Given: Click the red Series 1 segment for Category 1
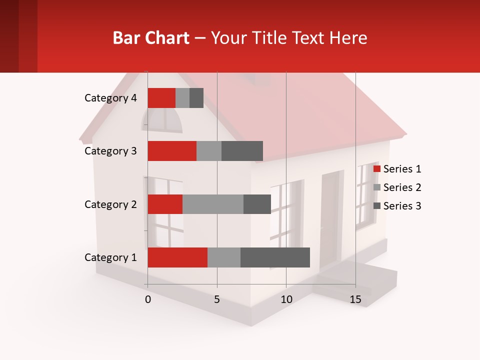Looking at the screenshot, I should coord(177,257).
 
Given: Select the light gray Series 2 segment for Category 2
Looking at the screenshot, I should coord(213,204).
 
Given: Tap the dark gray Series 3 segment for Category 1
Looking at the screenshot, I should coord(275,257).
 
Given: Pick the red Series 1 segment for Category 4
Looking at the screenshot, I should coord(161,98).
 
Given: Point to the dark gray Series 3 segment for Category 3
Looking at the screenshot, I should coord(242,151).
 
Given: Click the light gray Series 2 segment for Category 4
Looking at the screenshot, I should coord(182,98).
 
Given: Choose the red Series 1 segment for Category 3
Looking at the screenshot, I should coord(172,151).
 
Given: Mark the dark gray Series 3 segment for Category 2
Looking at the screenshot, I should coord(257,204).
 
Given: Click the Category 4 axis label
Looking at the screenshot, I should coord(110,98).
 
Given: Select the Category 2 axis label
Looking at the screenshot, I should coord(110,204).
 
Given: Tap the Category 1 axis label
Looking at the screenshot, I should coord(110,257).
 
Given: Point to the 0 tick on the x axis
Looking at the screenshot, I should coord(148,299).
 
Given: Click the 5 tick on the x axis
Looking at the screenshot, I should coord(217,299).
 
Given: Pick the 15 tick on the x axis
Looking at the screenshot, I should coord(355,299).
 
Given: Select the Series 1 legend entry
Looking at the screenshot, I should coord(402,169).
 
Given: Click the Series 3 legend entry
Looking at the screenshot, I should coord(402,206).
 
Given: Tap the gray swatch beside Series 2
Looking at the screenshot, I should coord(377,187).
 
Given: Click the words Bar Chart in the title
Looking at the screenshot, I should coord(151,38).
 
